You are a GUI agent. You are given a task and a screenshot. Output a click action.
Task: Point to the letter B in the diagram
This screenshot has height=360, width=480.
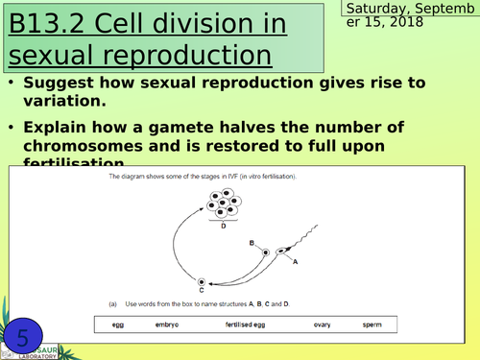(x=252, y=244)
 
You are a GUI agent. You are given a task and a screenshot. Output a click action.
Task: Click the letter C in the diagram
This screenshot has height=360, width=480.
(x=203, y=289)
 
